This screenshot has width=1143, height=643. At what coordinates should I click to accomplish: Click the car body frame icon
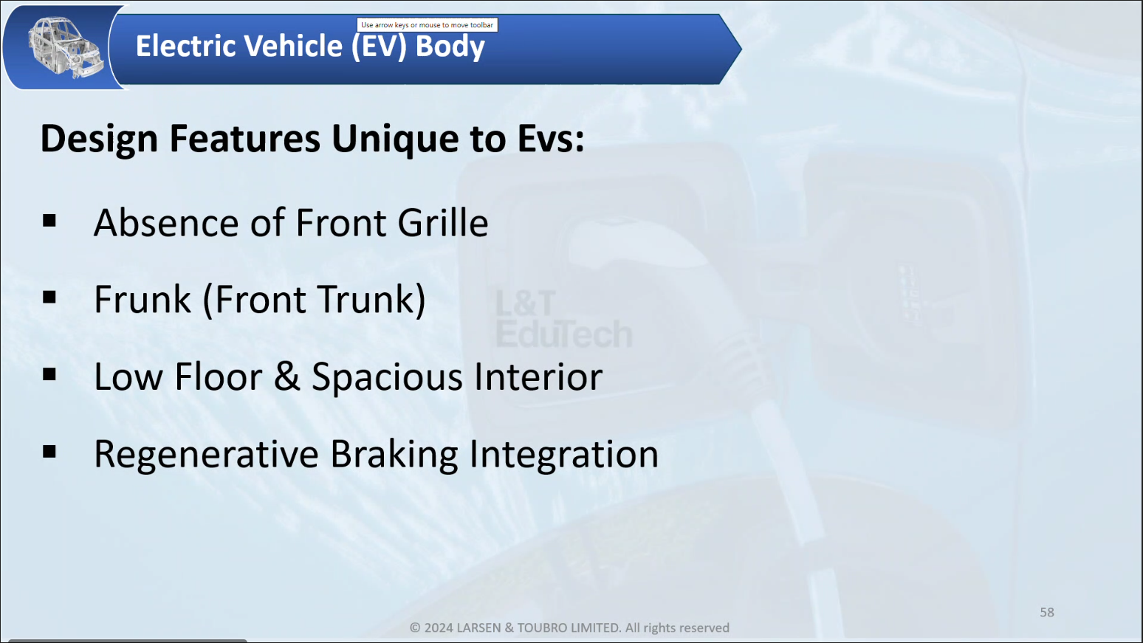65,47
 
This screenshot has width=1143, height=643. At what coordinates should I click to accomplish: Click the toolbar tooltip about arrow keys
427,24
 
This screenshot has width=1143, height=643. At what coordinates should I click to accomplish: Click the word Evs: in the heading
551,139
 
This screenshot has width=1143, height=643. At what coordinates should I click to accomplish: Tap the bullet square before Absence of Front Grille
49,221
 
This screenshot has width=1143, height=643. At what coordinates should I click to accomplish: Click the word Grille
442,223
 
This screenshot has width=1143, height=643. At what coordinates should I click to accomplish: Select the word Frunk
143,300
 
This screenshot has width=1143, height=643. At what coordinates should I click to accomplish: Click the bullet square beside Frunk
49,298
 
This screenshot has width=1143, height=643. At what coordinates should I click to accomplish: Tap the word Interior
538,376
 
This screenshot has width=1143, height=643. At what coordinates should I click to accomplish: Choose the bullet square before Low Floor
49,375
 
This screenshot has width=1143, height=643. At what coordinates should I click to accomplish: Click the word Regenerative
206,455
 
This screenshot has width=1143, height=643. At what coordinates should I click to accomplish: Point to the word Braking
394,455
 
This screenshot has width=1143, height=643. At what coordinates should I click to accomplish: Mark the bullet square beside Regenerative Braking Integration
49,452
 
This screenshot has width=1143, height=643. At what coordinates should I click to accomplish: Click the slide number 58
1046,613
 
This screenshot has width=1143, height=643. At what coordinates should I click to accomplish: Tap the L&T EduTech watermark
563,319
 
